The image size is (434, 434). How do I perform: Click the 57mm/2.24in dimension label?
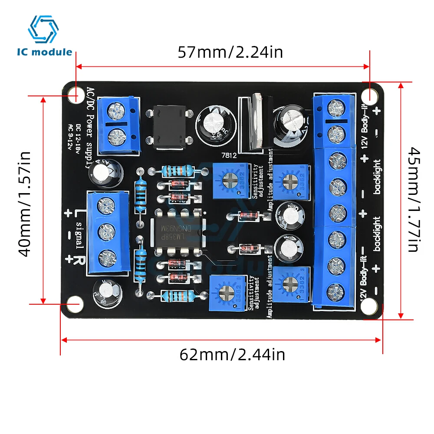pyautogui.click(x=230, y=53)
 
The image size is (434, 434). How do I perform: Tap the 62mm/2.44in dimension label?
pyautogui.click(x=232, y=355)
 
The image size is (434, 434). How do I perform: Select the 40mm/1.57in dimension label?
pyautogui.click(x=26, y=204)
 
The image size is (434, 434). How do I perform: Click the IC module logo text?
pyautogui.click(x=45, y=52)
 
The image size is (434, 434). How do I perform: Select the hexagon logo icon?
pyautogui.click(x=43, y=30)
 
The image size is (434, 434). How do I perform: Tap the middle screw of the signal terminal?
pyautogui.click(x=105, y=233)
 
